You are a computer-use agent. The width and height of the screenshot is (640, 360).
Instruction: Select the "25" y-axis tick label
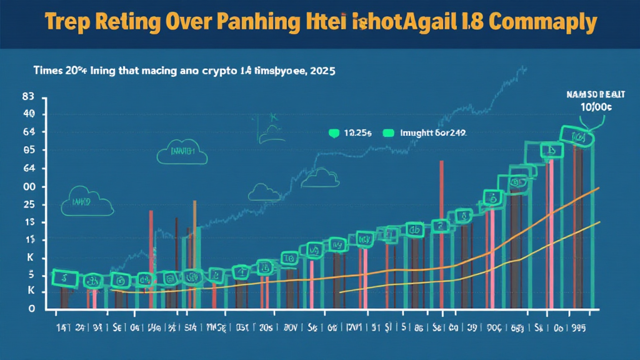click(28, 205)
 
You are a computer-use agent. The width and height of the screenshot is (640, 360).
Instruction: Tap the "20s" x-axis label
click(265, 326)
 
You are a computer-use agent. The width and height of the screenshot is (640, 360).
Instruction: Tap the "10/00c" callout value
click(592, 107)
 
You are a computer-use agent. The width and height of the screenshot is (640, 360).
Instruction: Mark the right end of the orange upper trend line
click(599, 188)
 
